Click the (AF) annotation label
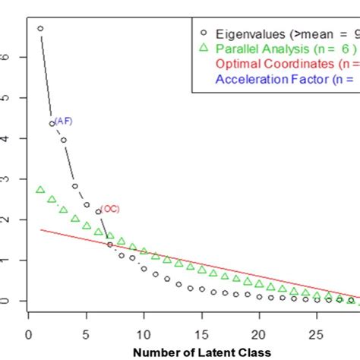pos(64,121)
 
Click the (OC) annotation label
pos(111,209)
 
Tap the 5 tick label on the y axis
pos(7,97)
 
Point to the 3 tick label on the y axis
pos(7,178)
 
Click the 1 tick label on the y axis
pos(7,261)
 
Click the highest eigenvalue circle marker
pos(40,29)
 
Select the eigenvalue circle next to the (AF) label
pos(52,123)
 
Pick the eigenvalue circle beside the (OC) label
pos(98,212)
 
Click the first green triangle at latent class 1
pos(40,189)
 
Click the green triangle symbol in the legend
pos(202,48)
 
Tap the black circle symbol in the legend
pos(202,33)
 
